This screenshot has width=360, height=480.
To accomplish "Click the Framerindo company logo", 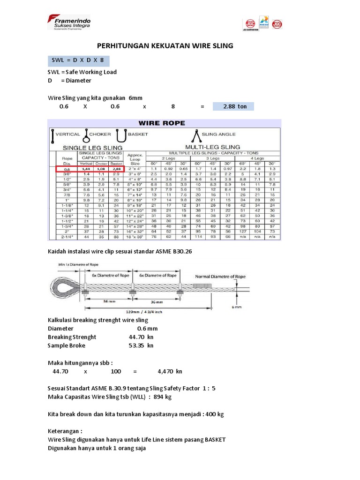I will coord(69,22).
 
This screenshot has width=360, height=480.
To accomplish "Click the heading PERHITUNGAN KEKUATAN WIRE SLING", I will coord(165,46).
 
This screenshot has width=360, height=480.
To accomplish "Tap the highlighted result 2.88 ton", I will coord(233,106).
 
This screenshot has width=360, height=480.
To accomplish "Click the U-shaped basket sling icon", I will coord(121,135).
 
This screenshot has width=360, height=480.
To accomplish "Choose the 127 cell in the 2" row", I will coord(243,232).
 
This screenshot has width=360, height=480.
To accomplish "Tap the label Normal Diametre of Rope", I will coord(220,277).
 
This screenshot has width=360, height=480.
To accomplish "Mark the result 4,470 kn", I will coord(170,371).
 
